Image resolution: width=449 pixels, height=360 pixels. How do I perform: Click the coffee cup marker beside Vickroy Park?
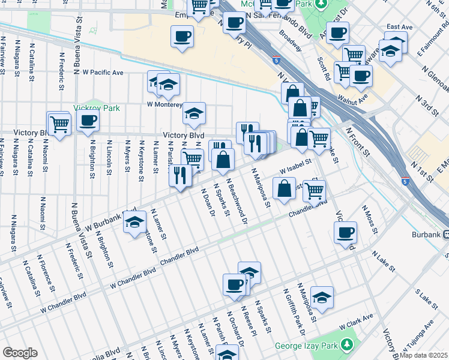pyautogui.click(x=88, y=120)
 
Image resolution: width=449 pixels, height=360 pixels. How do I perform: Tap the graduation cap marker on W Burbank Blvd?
pyautogui.click(x=134, y=222)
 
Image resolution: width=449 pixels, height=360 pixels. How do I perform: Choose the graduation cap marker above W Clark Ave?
pyautogui.click(x=322, y=297)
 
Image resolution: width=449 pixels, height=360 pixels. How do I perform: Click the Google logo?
pyautogui.click(x=20, y=353)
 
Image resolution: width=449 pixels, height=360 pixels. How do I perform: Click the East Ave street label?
pyautogui.click(x=399, y=27)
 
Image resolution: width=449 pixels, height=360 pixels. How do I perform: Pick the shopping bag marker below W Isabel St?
pyautogui.click(x=284, y=188)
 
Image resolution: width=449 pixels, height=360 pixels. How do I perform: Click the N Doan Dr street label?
pyautogui.click(x=207, y=203)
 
